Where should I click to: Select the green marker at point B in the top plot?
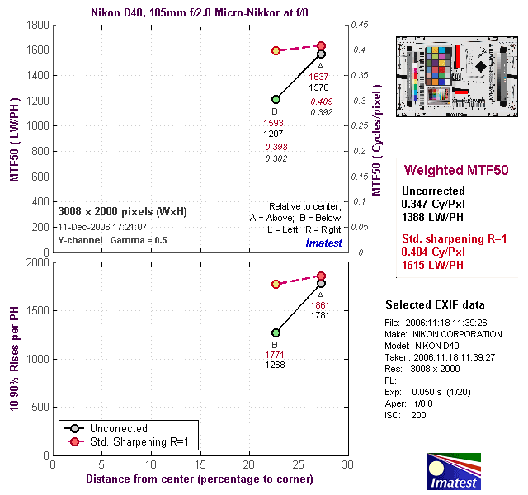point(276,100)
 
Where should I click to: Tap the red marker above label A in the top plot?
point(322,45)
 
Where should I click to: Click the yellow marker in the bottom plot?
point(276,284)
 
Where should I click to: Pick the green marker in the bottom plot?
point(276,332)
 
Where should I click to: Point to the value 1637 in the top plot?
point(320,76)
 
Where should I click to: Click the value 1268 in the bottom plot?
point(276,365)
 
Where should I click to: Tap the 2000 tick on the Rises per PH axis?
point(37,263)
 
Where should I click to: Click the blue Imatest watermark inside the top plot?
point(323,243)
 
